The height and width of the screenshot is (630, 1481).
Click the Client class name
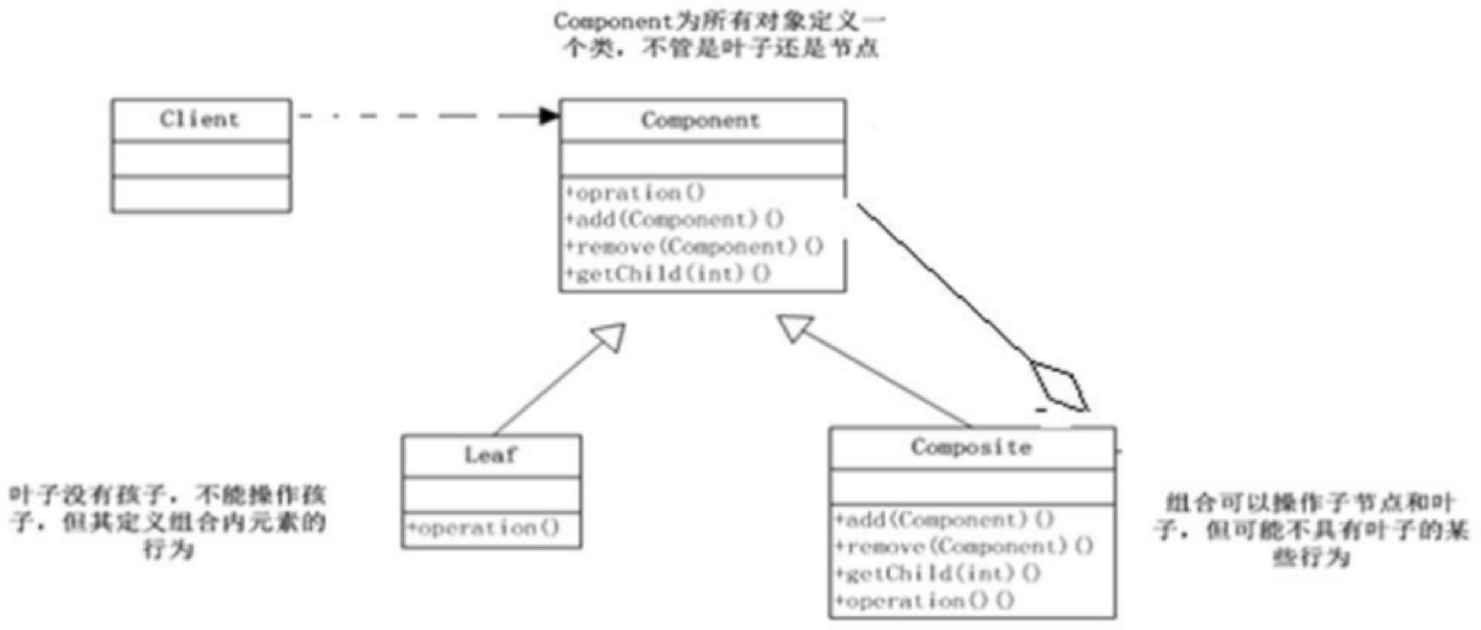(x=200, y=119)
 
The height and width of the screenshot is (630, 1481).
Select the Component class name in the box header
(x=700, y=120)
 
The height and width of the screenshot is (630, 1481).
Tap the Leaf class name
(x=491, y=455)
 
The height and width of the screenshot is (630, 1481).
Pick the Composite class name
(x=971, y=447)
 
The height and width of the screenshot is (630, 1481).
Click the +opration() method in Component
(x=635, y=193)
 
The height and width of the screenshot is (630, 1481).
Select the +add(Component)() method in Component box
(x=675, y=219)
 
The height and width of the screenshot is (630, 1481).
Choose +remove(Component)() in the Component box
(x=694, y=247)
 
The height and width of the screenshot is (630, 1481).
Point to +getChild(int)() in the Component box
(x=668, y=273)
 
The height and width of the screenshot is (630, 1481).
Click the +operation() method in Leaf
(x=484, y=528)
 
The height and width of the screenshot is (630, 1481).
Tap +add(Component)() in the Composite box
(x=944, y=520)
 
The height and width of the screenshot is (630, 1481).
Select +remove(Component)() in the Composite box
(x=964, y=547)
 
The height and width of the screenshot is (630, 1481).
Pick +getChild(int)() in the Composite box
(x=937, y=574)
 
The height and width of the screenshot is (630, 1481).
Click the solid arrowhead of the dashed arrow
(x=548, y=116)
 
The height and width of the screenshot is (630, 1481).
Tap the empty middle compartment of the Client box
(x=201, y=159)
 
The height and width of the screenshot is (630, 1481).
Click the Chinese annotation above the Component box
(x=719, y=35)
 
